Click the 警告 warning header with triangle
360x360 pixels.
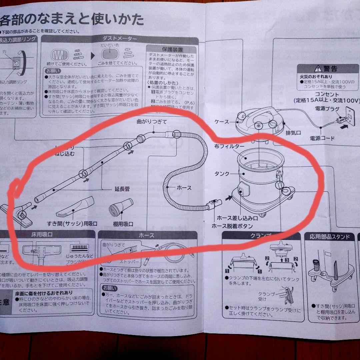(326, 69)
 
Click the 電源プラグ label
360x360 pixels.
(327, 109)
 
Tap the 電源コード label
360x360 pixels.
(322, 138)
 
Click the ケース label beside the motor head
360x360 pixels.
(222, 122)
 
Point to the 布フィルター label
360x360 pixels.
(229, 146)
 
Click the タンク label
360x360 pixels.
(222, 174)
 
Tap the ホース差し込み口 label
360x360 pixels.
(237, 218)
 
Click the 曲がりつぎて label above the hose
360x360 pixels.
(152, 122)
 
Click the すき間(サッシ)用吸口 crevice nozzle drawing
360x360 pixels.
(75, 207)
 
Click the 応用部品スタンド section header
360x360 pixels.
(329, 237)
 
